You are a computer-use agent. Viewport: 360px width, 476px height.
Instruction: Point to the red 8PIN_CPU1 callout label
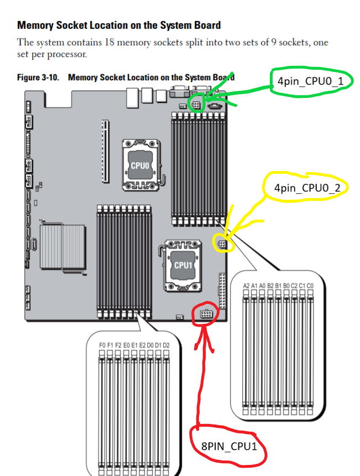229,445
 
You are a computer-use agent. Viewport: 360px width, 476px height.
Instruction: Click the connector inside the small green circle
196,103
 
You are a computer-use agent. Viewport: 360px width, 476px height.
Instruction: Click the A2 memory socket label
246,286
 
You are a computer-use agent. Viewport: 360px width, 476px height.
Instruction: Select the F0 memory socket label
102,345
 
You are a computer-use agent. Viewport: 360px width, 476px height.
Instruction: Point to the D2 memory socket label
166,345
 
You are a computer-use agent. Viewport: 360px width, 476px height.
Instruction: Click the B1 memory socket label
278,286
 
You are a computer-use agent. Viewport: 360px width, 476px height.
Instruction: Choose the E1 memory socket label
134,345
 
